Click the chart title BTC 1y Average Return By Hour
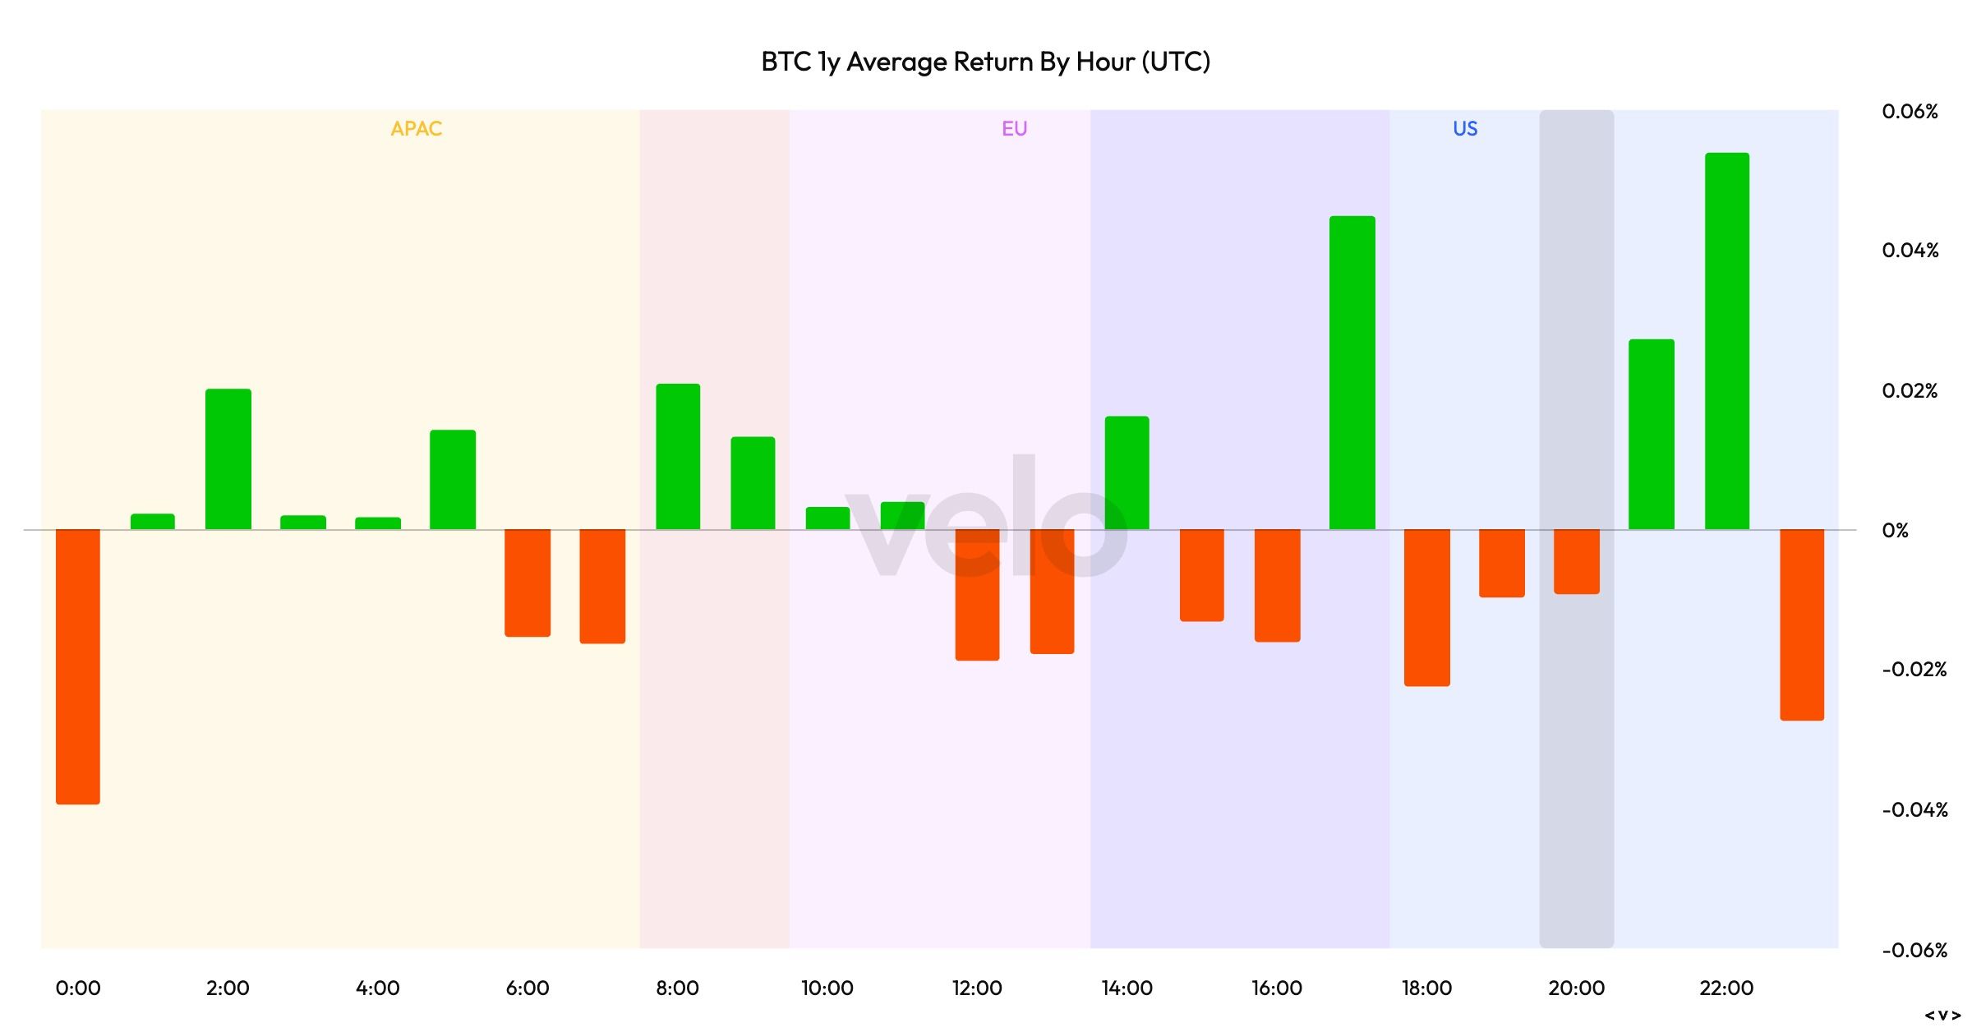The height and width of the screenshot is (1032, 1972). point(985,62)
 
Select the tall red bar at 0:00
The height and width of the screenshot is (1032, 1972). point(78,666)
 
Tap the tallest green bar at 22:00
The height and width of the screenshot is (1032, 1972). point(1726,341)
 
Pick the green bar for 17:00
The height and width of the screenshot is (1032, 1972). point(1352,372)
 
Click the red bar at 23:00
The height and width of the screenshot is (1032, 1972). point(1802,624)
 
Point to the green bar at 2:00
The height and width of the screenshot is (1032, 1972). point(228,458)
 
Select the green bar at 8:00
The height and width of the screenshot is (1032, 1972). point(678,456)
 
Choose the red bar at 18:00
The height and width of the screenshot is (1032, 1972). point(1427,607)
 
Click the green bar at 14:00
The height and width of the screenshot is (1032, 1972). point(1127,472)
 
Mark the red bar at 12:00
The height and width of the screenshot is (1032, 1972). point(977,594)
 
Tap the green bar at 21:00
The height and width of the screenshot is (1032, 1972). point(1652,434)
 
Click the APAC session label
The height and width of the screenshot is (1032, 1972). point(417,129)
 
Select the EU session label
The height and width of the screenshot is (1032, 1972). point(1014,129)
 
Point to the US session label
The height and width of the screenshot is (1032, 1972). point(1465,129)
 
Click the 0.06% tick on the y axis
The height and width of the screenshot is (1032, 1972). point(1910,112)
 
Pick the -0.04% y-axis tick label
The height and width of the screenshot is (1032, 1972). point(1914,810)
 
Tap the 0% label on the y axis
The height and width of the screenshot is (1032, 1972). point(1896,531)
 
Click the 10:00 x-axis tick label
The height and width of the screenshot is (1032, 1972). point(827,988)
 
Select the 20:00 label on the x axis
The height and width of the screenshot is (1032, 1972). point(1576,988)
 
